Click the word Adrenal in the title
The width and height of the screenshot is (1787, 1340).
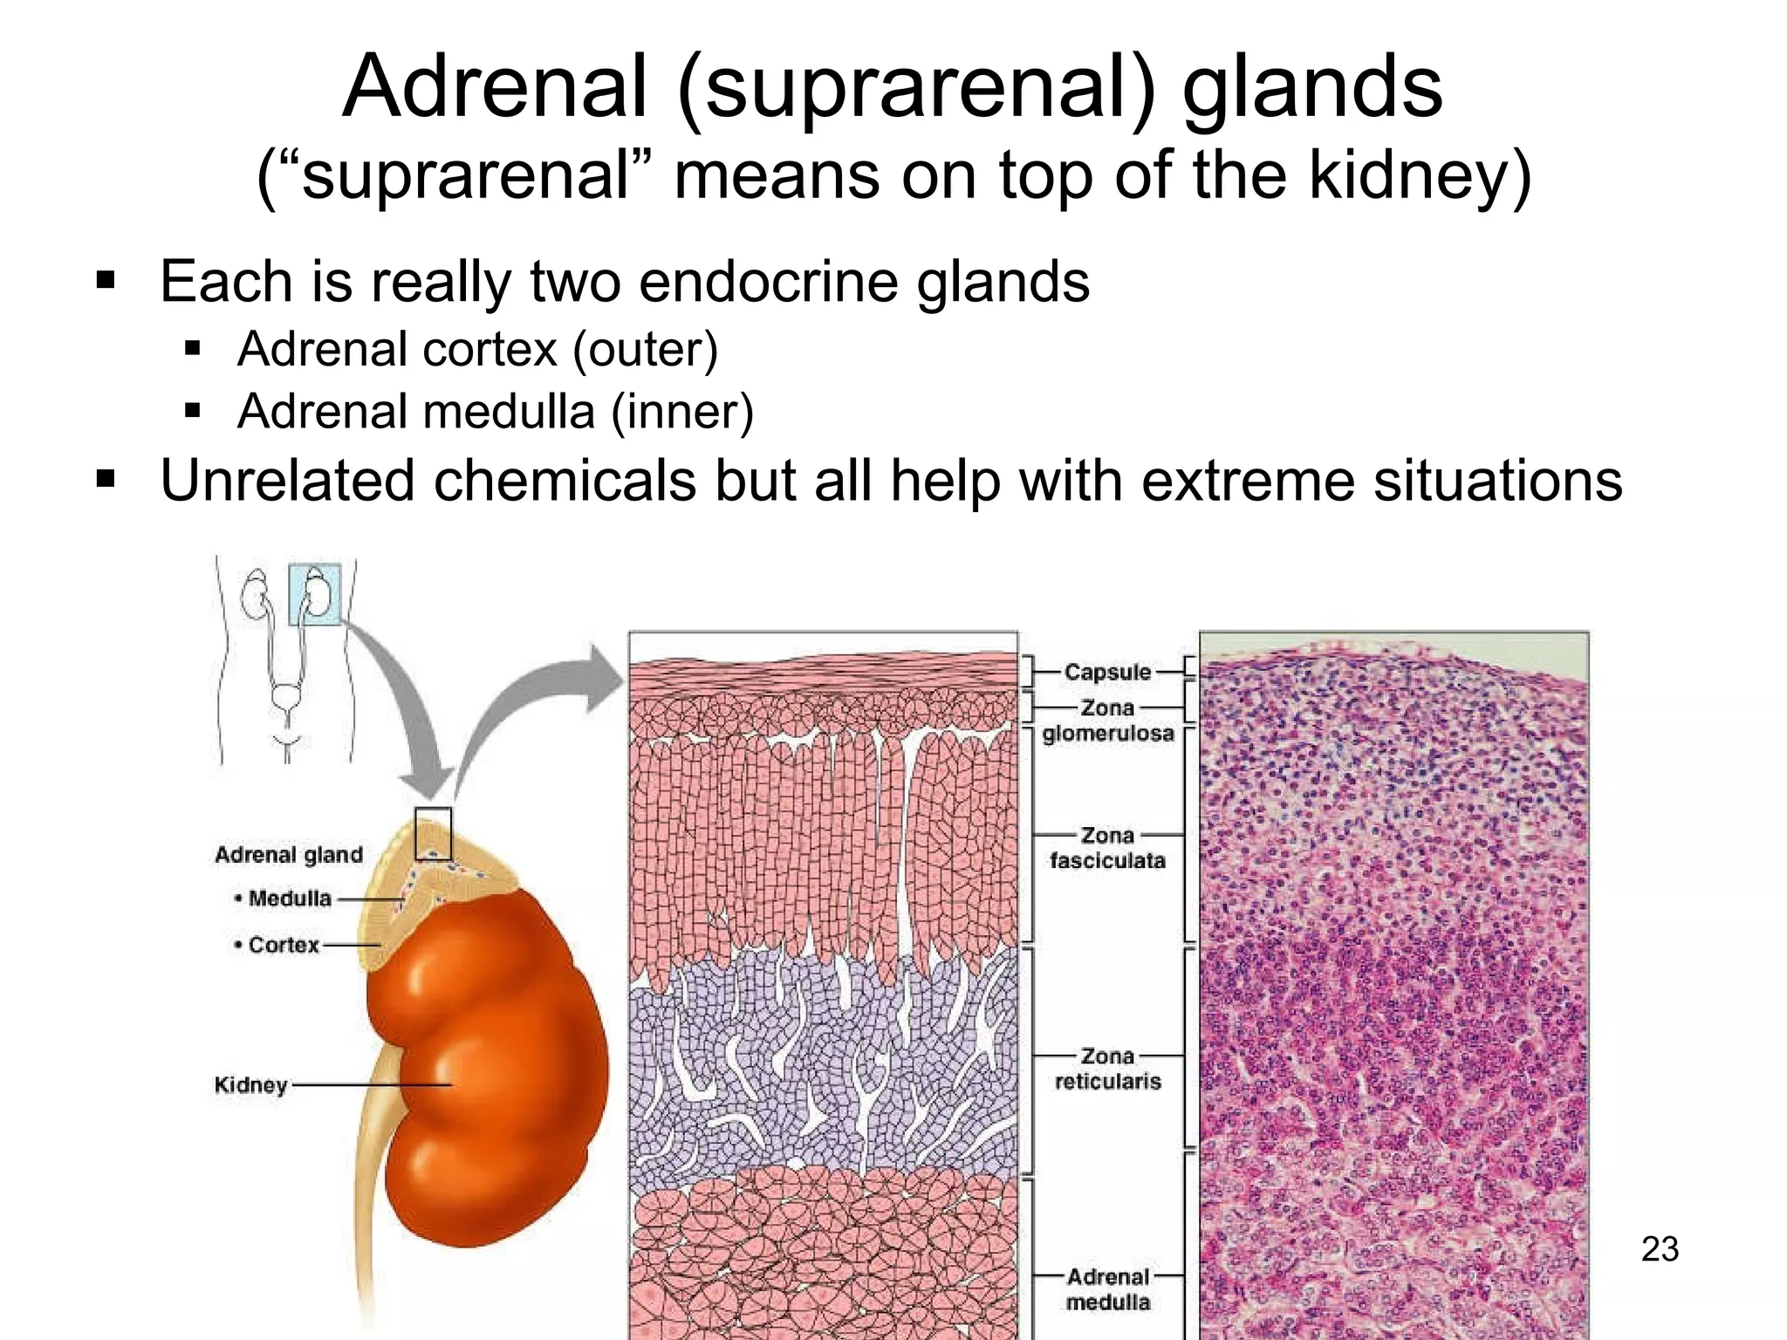(x=495, y=87)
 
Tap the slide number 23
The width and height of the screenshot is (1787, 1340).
(x=1660, y=1249)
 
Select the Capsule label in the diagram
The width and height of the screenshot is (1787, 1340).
(x=1107, y=673)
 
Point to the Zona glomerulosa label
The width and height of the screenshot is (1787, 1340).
(x=1107, y=721)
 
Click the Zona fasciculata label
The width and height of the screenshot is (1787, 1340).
(x=1107, y=848)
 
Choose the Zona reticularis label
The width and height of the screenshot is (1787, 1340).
(x=1107, y=1069)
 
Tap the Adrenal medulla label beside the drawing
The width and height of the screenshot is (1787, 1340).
(x=1107, y=1289)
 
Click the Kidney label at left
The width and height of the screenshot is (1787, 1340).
(x=251, y=1085)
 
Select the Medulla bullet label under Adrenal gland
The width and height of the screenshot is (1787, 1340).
(x=289, y=899)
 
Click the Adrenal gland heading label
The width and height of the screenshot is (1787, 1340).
(x=289, y=855)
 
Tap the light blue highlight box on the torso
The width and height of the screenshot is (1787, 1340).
(x=315, y=595)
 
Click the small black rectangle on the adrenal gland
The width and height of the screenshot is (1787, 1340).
(x=433, y=834)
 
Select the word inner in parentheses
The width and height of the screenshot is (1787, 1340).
(x=681, y=412)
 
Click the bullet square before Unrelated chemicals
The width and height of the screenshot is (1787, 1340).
(x=106, y=480)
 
